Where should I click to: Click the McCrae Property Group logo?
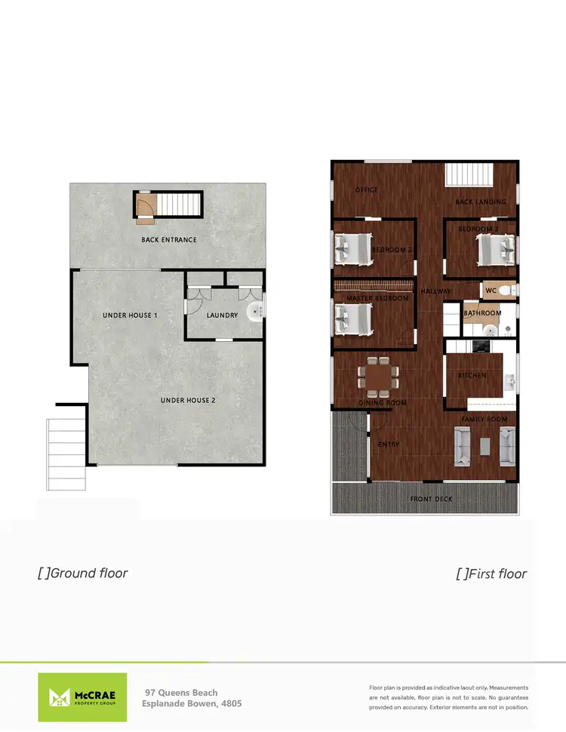[x=82, y=697]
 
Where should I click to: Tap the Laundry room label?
[x=222, y=315]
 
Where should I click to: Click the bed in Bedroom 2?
[x=353, y=249]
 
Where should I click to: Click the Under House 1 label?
[x=130, y=315]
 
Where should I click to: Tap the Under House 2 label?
[x=188, y=400]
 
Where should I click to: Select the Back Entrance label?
[x=169, y=240]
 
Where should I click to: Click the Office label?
[x=367, y=190]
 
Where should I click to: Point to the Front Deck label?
[x=431, y=500]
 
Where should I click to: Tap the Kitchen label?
[x=472, y=375]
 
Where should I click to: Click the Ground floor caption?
[x=83, y=573]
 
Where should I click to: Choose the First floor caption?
[x=491, y=574]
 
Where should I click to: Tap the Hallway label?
[x=435, y=291]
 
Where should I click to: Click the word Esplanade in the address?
[x=167, y=703]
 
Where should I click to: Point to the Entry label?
[x=389, y=444]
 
